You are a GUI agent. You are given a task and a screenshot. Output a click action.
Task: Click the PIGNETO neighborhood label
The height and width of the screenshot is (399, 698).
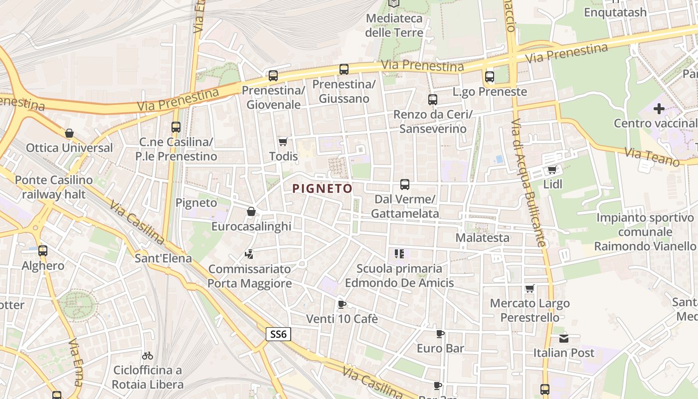coord(322,189)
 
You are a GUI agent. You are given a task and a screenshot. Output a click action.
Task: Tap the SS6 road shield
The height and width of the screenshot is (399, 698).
coord(278,334)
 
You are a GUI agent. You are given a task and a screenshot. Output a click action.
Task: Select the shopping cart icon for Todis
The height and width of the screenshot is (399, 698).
coord(283,142)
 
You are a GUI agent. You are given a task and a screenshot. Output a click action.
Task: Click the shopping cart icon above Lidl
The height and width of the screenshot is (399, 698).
coord(552,170)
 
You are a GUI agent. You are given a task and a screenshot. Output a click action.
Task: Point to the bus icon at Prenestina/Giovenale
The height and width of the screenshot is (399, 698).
coord(273,76)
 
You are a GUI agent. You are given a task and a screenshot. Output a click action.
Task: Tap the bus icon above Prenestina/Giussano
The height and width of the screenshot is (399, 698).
coord(344,69)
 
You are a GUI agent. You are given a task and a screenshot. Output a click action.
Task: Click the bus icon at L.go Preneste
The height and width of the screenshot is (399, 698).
coord(489,77)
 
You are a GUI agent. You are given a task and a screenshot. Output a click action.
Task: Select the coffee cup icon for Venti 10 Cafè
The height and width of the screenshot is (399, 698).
coord(342,304)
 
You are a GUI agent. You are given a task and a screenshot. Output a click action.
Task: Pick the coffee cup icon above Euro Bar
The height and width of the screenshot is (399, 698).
coord(440,334)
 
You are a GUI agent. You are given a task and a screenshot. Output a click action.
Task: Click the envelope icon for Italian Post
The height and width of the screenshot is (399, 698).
coord(563,338)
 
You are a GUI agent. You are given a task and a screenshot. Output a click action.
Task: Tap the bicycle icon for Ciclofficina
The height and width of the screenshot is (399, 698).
coord(147,356)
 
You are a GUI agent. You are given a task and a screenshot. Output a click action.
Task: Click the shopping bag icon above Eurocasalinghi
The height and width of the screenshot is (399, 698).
coord(251,212)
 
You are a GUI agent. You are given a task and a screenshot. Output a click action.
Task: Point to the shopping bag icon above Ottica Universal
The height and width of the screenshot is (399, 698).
coord(69,133)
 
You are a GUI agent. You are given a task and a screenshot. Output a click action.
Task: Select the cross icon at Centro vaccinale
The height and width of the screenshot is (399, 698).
coord(659,108)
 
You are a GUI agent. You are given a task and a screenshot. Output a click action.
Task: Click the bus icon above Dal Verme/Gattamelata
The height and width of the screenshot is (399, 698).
coord(404,185)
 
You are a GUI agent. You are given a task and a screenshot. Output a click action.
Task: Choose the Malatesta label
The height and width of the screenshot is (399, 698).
coord(482,237)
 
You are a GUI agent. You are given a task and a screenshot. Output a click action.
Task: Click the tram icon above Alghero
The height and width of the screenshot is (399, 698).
coord(43,251)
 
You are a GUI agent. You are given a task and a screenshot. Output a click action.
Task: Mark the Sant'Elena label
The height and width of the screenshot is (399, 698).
coord(163,258)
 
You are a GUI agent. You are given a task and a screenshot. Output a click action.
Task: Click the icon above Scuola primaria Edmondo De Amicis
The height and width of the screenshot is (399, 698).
coord(399,254)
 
